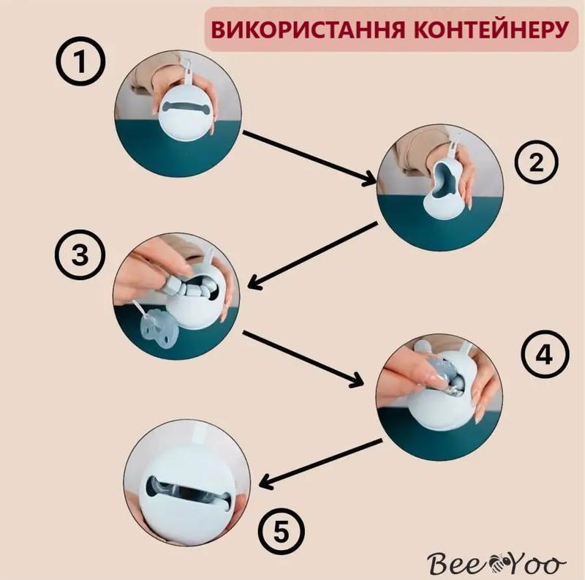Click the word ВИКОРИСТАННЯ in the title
(x=307, y=29)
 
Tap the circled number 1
(x=80, y=61)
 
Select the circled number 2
(x=536, y=162)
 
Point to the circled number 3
(x=80, y=256)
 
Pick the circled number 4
(x=545, y=355)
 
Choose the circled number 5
(x=282, y=532)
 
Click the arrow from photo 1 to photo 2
(x=309, y=158)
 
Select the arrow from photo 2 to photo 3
(x=313, y=256)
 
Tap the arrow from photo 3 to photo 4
(x=303, y=358)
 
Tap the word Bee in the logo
(x=458, y=563)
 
